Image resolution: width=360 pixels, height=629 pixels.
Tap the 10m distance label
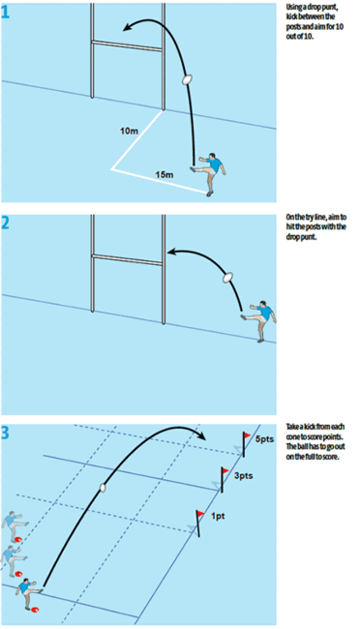129,130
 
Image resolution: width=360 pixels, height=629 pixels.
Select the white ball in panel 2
229,277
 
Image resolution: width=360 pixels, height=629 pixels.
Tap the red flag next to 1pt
200,515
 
